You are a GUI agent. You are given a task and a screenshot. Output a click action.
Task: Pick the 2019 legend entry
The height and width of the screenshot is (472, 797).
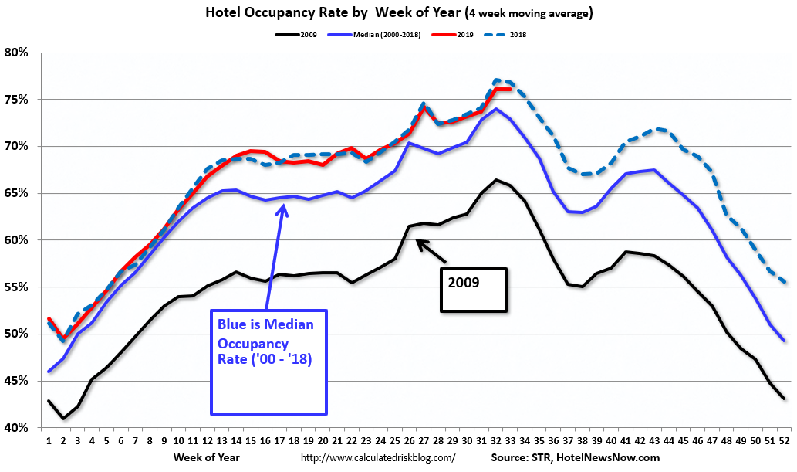click(455, 35)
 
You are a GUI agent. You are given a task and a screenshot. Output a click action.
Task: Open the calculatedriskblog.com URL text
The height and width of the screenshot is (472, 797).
click(378, 458)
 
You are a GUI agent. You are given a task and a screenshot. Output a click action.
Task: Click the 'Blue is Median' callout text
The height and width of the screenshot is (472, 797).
click(265, 324)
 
